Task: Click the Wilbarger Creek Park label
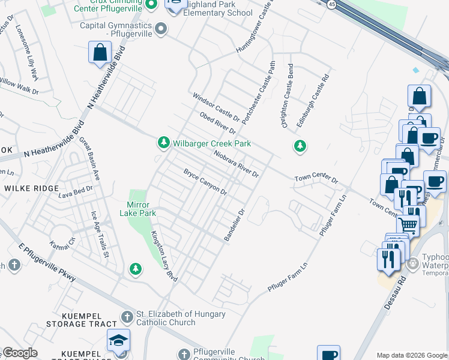(212, 144)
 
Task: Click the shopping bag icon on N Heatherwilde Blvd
(100, 52)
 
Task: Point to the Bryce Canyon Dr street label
(205, 182)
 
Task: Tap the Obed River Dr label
(218, 122)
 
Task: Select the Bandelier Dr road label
(235, 226)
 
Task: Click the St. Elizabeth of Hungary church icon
(126, 316)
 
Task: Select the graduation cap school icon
(118, 340)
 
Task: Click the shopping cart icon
(408, 225)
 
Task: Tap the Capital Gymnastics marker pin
(160, 28)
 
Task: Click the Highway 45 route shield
(332, 4)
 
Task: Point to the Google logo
(20, 353)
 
